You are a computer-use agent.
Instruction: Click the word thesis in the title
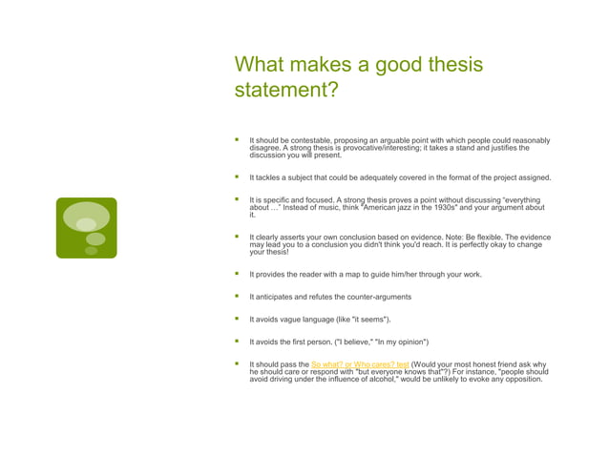click(451, 66)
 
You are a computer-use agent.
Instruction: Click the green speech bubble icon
click(87, 228)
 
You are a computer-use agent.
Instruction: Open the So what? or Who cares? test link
click(360, 364)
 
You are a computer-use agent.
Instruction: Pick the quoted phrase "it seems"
click(370, 319)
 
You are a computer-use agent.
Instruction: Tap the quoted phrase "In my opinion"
click(405, 342)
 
